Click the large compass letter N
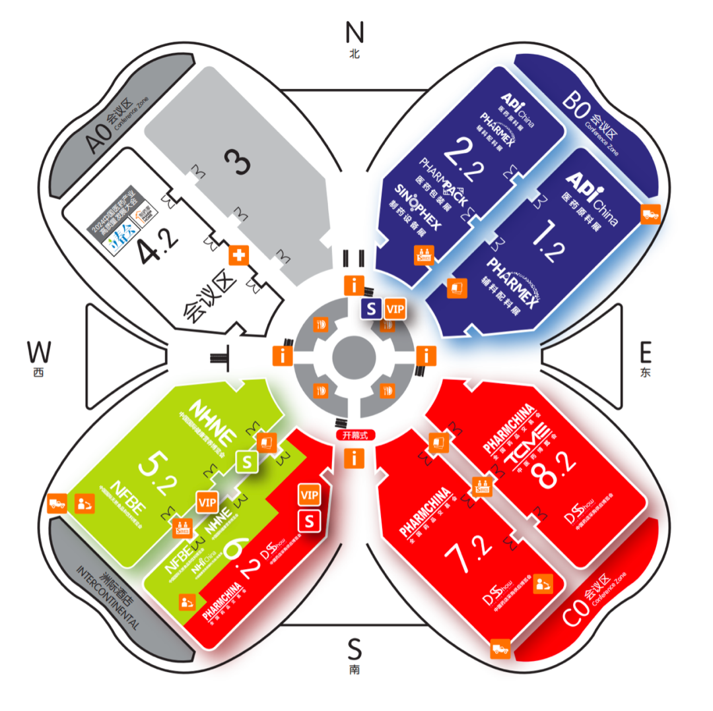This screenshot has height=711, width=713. click(355, 32)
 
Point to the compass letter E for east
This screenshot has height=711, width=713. click(645, 352)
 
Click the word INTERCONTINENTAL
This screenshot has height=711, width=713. click(109, 600)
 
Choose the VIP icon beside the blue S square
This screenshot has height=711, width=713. click(395, 308)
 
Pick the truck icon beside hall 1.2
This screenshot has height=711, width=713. click(651, 214)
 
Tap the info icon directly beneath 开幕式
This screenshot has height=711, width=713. click(355, 458)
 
